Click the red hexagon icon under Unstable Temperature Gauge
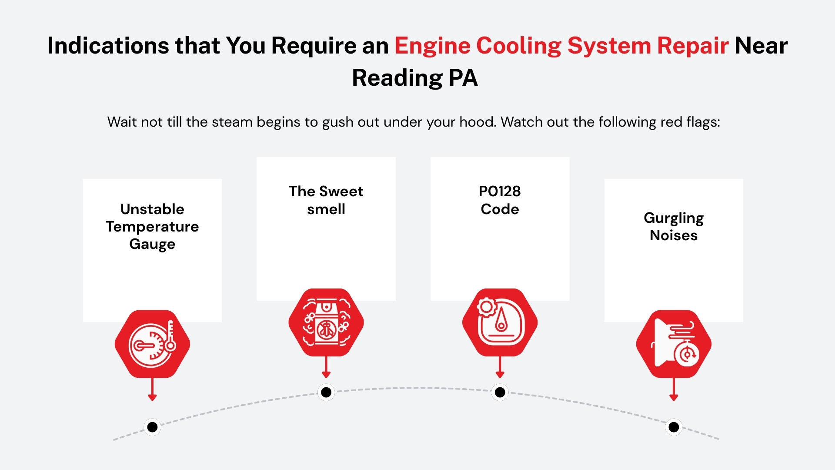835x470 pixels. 152,344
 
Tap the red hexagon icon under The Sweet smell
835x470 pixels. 326,322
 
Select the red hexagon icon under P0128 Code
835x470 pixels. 500,322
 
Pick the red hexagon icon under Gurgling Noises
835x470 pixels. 674,344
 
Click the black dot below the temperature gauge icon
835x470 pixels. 152,427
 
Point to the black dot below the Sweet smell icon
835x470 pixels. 326,392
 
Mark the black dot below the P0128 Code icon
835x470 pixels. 500,392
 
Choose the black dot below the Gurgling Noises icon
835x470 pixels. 674,427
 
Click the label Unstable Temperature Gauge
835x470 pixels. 152,226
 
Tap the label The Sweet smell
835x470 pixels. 326,200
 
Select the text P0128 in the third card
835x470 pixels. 500,191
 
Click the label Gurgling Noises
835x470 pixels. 674,226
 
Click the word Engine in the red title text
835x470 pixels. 432,46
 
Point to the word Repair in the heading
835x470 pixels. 692,46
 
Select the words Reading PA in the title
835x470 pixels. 415,78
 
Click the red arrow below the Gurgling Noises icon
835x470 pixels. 674,390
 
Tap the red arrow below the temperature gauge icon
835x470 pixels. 152,390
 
